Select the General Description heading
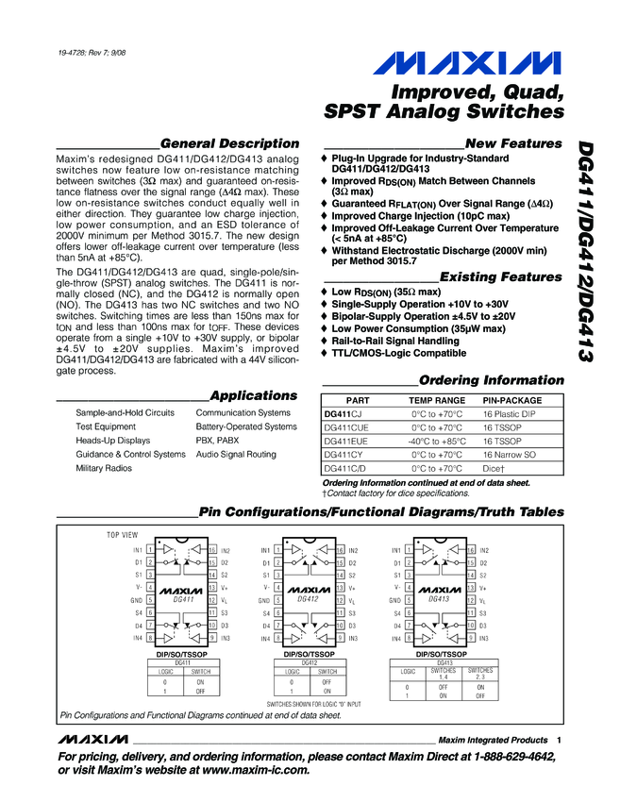pyautogui.click(x=229, y=143)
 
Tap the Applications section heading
pyautogui.click(x=253, y=395)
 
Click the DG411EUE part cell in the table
pyautogui.click(x=346, y=441)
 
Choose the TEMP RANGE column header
pyautogui.click(x=436, y=400)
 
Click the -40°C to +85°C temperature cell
pyautogui.click(x=437, y=441)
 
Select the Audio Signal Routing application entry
pyautogui.click(x=236, y=454)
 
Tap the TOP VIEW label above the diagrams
pyautogui.click(x=122, y=535)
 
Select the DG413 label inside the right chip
pyautogui.click(x=439, y=598)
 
